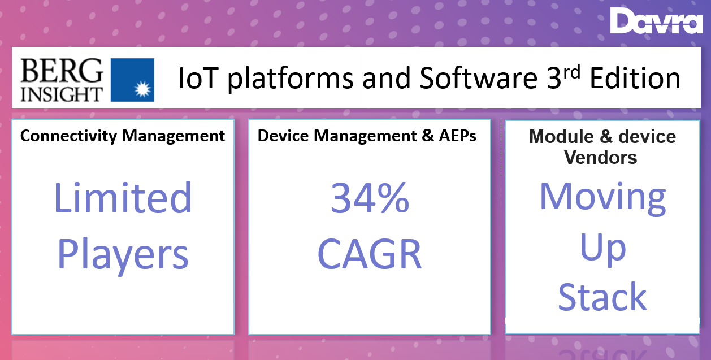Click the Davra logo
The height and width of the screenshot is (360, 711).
coord(656,20)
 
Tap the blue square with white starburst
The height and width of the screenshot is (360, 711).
coord(132,80)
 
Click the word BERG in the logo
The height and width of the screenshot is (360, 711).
coord(62,71)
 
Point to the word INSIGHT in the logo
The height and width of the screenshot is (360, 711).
coord(62,94)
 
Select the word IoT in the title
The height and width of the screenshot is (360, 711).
coord(199,78)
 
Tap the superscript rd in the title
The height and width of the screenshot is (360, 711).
coord(572,72)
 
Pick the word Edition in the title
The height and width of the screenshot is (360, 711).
coord(635,78)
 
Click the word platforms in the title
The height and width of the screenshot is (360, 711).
coord(291,79)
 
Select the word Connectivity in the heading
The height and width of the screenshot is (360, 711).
coord(69,137)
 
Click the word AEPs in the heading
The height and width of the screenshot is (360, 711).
coord(458,136)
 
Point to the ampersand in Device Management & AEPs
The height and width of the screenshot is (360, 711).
coord(428,136)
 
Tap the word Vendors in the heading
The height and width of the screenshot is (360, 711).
coord(601,157)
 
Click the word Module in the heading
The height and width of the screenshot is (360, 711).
coord(561,137)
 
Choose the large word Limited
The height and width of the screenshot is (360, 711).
coord(123,197)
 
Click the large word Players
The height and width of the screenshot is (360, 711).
coord(123,255)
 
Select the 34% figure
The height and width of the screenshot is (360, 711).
coord(370,197)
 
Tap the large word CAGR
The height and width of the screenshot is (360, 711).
coord(370,254)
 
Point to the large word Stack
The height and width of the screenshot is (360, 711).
coord(602,297)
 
